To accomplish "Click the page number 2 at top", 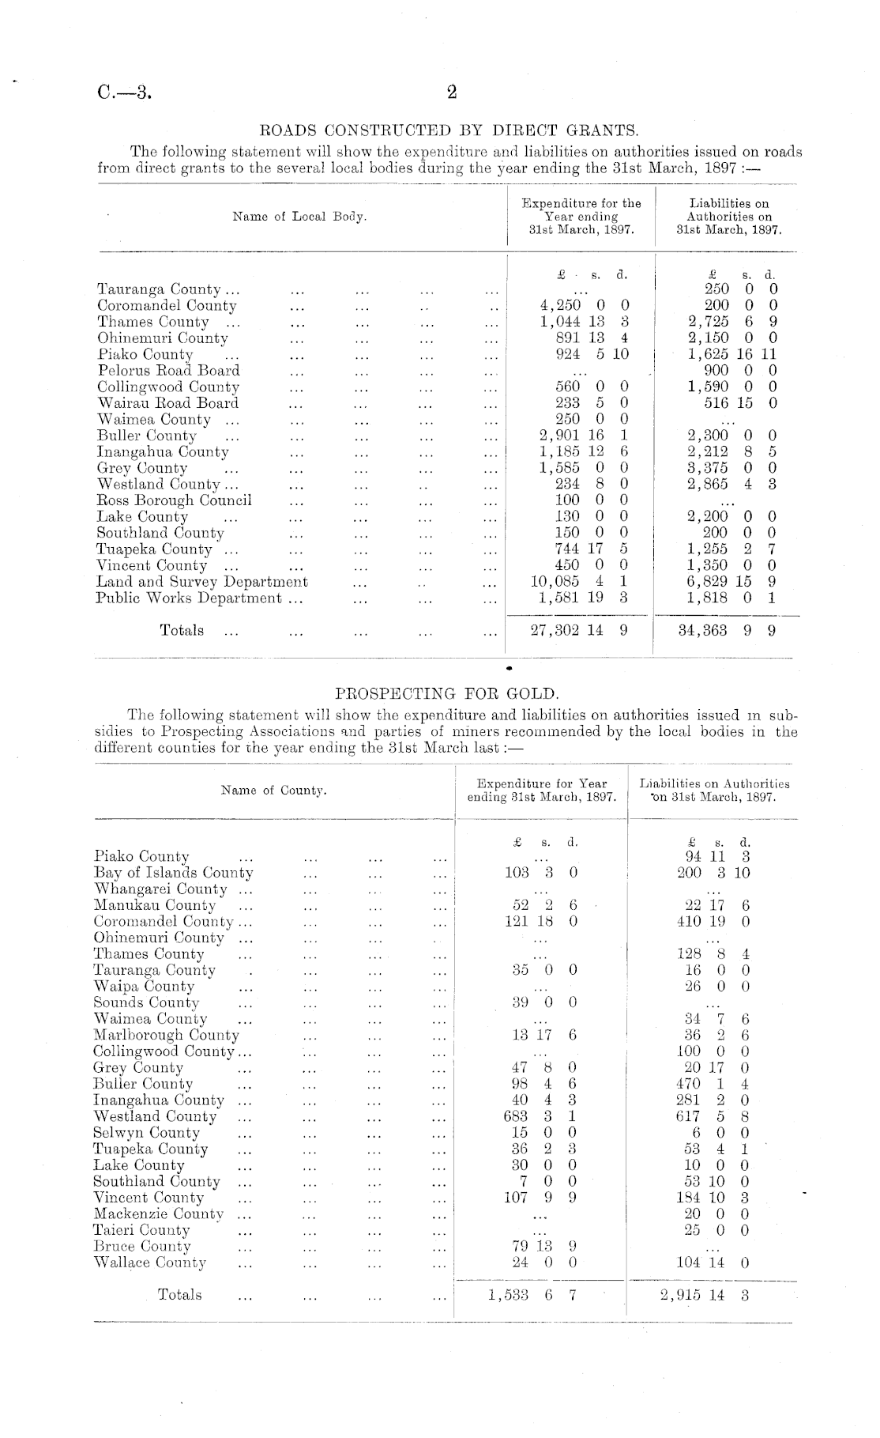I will [x=452, y=93].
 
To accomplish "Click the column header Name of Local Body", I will [x=300, y=217].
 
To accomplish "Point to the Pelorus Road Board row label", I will [x=168, y=371].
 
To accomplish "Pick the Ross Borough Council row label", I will [x=174, y=500].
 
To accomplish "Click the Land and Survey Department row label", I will [x=202, y=582].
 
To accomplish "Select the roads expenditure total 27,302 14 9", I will [x=580, y=631].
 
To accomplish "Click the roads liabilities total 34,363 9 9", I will [x=727, y=631].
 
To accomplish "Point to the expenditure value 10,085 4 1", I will [x=580, y=582].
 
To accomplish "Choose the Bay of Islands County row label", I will [x=173, y=873].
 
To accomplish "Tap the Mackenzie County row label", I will [x=158, y=1213].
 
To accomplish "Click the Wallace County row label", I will [x=149, y=1262].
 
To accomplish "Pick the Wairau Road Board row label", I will [x=167, y=403].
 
